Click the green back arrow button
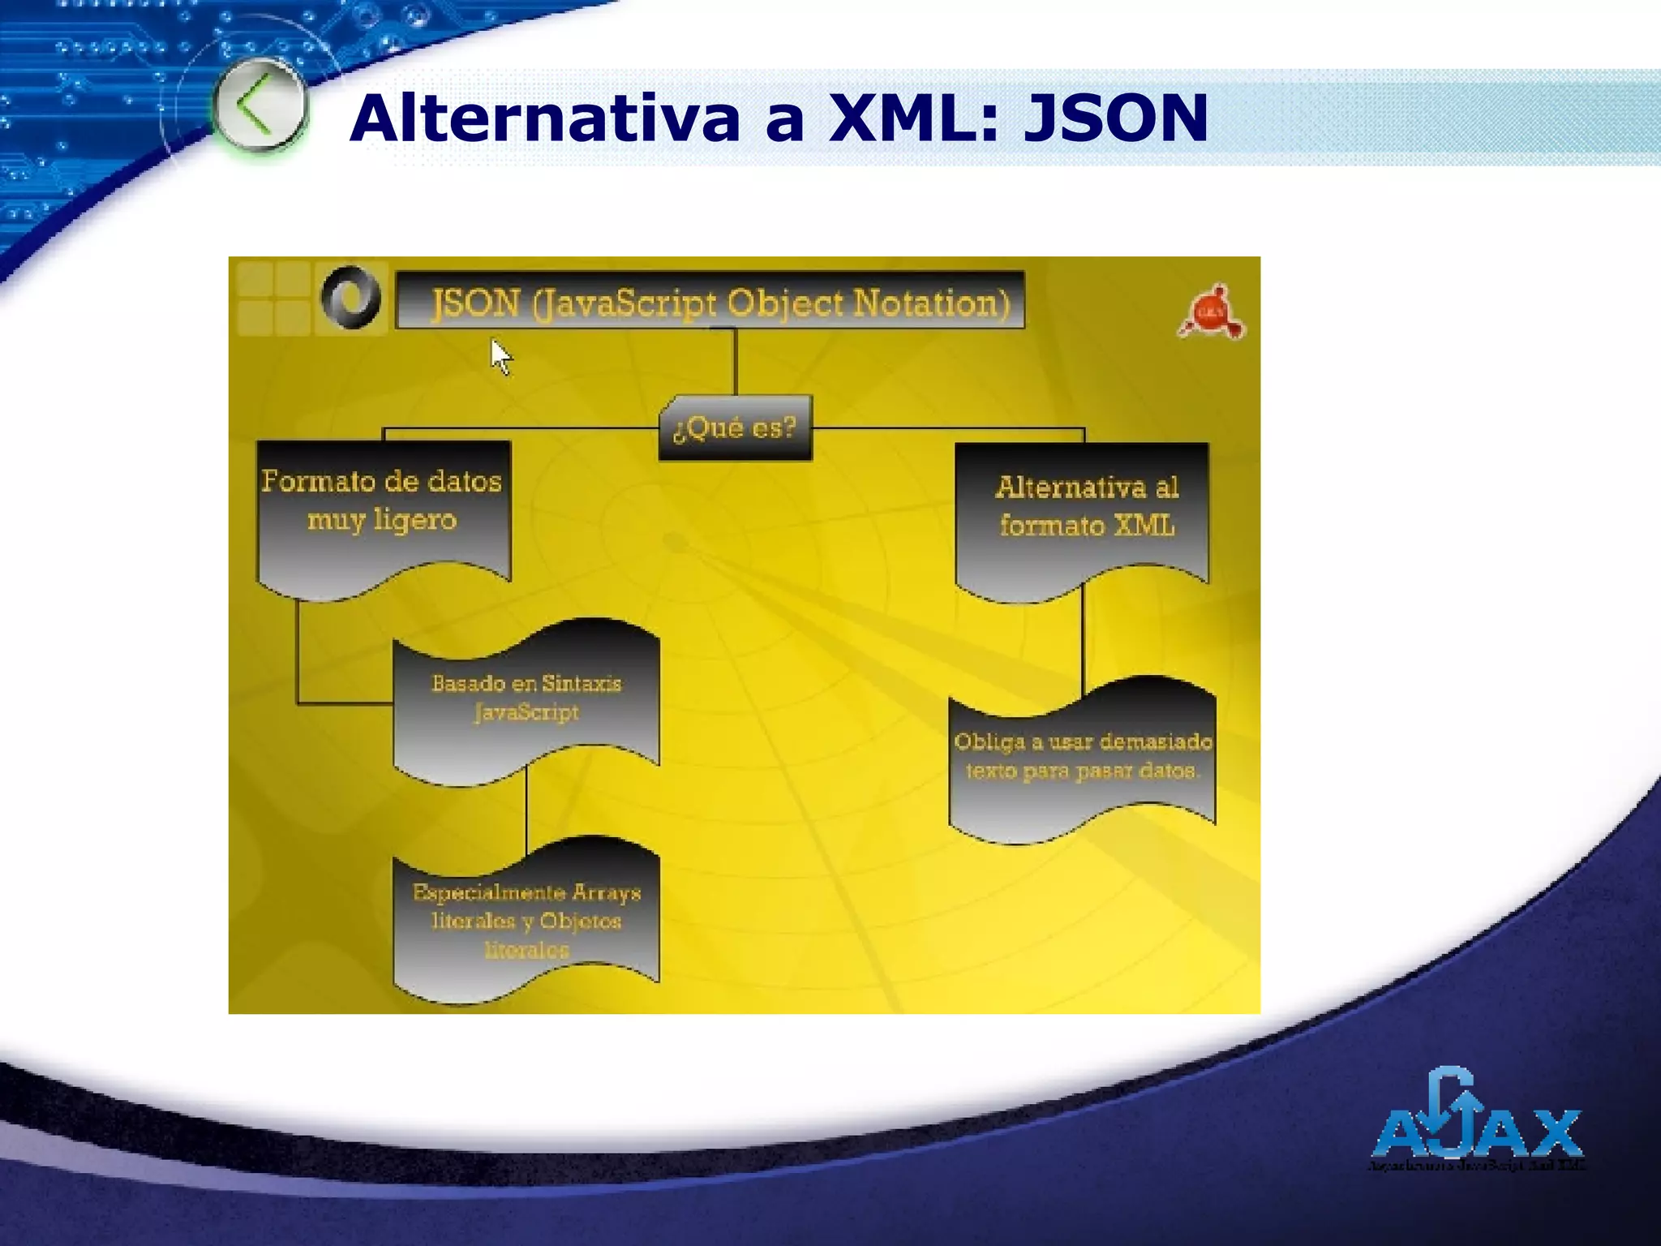tap(260, 106)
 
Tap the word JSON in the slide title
tap(1115, 118)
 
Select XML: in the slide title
tap(912, 118)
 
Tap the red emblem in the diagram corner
tap(1212, 312)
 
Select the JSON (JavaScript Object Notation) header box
tap(710, 301)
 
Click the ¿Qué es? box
tap(735, 428)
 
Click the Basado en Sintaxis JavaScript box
tap(526, 702)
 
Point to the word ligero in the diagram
tap(414, 520)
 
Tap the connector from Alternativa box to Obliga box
tap(1083, 641)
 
